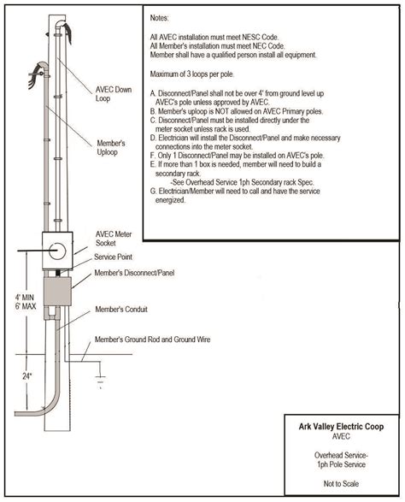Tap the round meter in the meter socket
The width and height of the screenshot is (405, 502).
click(56, 250)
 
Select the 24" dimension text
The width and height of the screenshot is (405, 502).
click(27, 375)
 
